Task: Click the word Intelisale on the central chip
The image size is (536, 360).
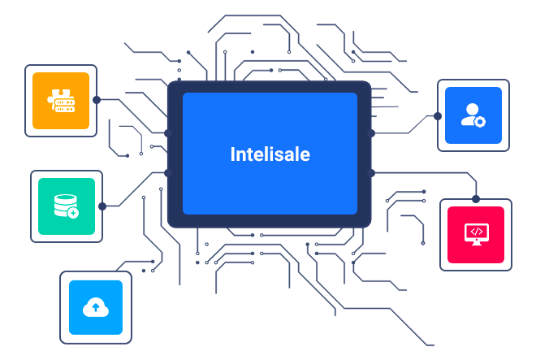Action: [270, 154]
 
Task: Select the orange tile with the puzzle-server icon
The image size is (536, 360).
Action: [61, 100]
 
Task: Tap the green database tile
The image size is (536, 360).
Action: [67, 206]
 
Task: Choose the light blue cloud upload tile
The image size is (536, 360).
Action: [96, 306]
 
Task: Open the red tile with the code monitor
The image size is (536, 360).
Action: [476, 234]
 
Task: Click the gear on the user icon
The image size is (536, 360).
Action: [480, 122]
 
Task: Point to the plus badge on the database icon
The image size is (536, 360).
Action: [73, 213]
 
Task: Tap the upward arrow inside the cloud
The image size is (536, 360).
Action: [96, 307]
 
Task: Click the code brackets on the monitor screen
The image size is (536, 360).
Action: [477, 231]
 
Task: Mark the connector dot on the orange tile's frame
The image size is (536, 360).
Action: [97, 100]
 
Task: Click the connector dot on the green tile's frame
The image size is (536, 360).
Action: [102, 206]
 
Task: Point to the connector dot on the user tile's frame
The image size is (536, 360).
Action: [438, 116]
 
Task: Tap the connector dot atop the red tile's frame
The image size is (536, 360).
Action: [476, 199]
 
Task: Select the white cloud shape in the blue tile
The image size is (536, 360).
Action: [96, 306]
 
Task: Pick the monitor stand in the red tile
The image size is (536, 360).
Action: [476, 241]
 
